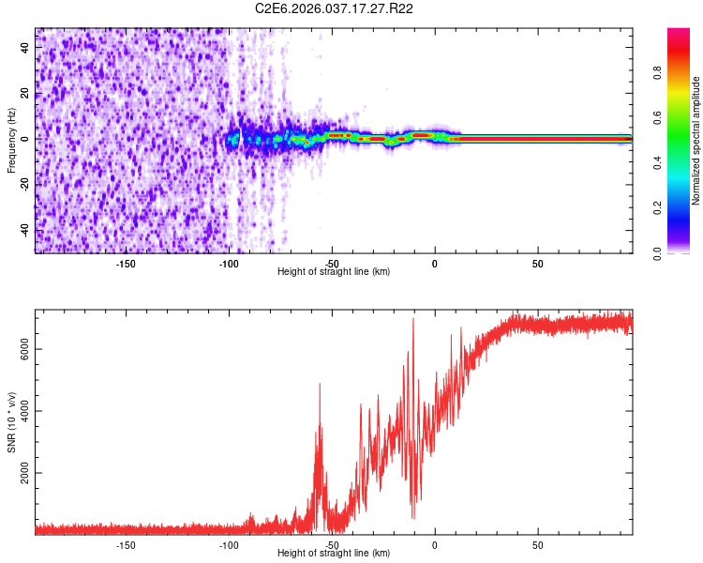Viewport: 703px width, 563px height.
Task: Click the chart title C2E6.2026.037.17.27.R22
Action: click(x=335, y=8)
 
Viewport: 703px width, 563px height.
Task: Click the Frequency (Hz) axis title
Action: click(x=11, y=141)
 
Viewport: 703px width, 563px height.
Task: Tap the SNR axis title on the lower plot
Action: click(x=11, y=421)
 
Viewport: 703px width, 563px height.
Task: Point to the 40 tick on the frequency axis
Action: click(x=25, y=46)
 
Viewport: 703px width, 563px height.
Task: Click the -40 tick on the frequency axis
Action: click(x=23, y=230)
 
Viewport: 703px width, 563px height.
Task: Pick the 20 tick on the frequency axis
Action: click(x=25, y=92)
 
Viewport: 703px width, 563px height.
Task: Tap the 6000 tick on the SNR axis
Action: click(x=19, y=349)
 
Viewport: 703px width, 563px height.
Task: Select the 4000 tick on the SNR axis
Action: click(x=19, y=412)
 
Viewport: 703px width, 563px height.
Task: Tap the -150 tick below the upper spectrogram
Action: click(x=126, y=264)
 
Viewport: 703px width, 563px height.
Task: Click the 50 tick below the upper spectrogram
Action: click(x=537, y=264)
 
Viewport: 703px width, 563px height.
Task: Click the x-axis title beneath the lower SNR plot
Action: click(x=334, y=554)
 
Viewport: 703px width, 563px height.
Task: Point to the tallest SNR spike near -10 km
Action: click(x=412, y=319)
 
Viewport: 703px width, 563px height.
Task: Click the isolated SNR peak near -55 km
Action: click(x=320, y=384)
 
